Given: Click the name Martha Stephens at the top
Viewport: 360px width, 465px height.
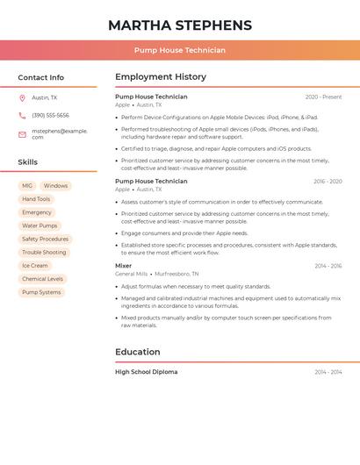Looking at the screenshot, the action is [180, 25].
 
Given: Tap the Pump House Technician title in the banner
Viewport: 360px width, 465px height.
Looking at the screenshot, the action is [180, 50].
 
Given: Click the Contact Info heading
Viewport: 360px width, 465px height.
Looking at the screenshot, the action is [41, 77].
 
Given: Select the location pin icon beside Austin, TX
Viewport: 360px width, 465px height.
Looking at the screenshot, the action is [22, 98].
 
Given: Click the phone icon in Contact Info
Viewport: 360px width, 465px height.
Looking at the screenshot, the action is [22, 116].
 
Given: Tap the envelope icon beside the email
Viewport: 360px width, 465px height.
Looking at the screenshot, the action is [22, 134].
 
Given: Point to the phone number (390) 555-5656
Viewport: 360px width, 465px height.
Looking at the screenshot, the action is [50, 116].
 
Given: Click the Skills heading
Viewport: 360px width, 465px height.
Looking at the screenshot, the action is [28, 162].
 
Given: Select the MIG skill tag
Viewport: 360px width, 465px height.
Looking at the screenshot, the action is [27, 186].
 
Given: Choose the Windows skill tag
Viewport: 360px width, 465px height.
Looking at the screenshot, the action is [55, 186].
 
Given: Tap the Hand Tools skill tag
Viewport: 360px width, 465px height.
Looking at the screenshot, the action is [36, 199].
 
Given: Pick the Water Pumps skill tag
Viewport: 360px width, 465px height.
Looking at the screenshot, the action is [40, 225].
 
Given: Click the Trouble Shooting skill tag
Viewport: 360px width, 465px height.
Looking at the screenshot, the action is [44, 253].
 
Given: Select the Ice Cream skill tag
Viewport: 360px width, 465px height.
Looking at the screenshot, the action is [35, 266].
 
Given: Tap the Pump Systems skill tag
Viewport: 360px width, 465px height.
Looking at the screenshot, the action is [41, 292].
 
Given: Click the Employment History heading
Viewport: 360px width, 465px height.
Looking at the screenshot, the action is [161, 77].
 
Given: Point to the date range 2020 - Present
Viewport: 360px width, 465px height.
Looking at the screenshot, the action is [323, 97].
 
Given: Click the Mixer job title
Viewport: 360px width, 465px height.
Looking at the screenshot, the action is [124, 266].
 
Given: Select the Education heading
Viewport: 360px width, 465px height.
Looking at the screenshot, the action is [137, 352].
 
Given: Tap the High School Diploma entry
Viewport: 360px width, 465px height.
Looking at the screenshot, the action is [146, 372].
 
